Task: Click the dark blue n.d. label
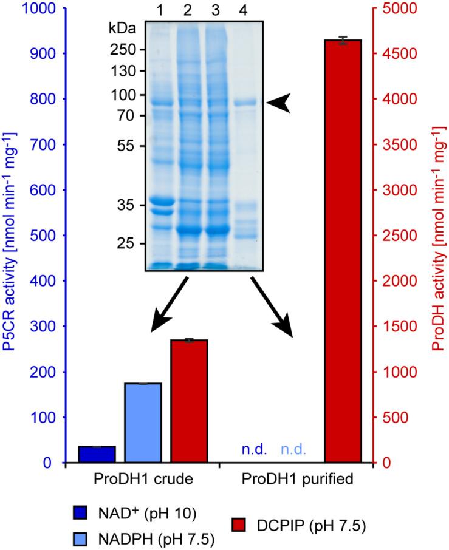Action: (252, 451)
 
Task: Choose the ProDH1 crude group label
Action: (143, 479)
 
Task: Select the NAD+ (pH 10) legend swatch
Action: (80, 514)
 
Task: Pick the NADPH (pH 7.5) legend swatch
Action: (80, 537)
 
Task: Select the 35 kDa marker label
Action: (128, 206)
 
